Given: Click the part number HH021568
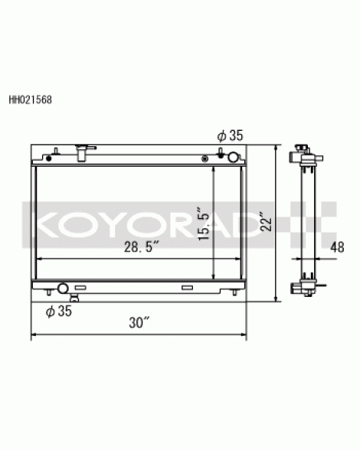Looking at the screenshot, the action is coord(31,99).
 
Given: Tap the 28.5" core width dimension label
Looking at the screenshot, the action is coord(142,246).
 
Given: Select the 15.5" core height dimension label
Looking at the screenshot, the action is coord(205,223).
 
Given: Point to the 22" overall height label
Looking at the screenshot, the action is coord(266,221).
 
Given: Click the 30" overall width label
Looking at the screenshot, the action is coord(139,322).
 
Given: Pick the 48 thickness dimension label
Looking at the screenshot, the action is coord(337,247).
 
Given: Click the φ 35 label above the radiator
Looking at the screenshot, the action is coord(230,135).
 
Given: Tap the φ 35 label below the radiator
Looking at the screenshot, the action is coord(59,311).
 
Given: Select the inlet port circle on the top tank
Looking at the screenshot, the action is coord(233,157).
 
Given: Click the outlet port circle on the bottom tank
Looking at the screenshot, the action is coord(63,288).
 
